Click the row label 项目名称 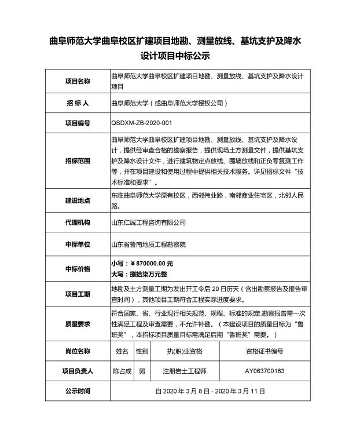click(77, 81)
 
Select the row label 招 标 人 click(77, 104)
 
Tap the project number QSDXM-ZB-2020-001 click(141, 123)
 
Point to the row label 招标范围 click(77, 161)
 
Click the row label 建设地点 click(77, 200)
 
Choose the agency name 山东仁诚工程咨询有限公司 click(148, 222)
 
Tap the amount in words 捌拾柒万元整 click(142, 274)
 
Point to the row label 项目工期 click(77, 294)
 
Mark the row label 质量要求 click(77, 324)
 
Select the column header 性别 click(142, 351)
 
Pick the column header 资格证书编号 click(264, 351)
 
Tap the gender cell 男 click(142, 371)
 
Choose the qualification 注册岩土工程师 click(185, 371)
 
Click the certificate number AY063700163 click(264, 371)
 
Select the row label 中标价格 click(77, 269)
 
